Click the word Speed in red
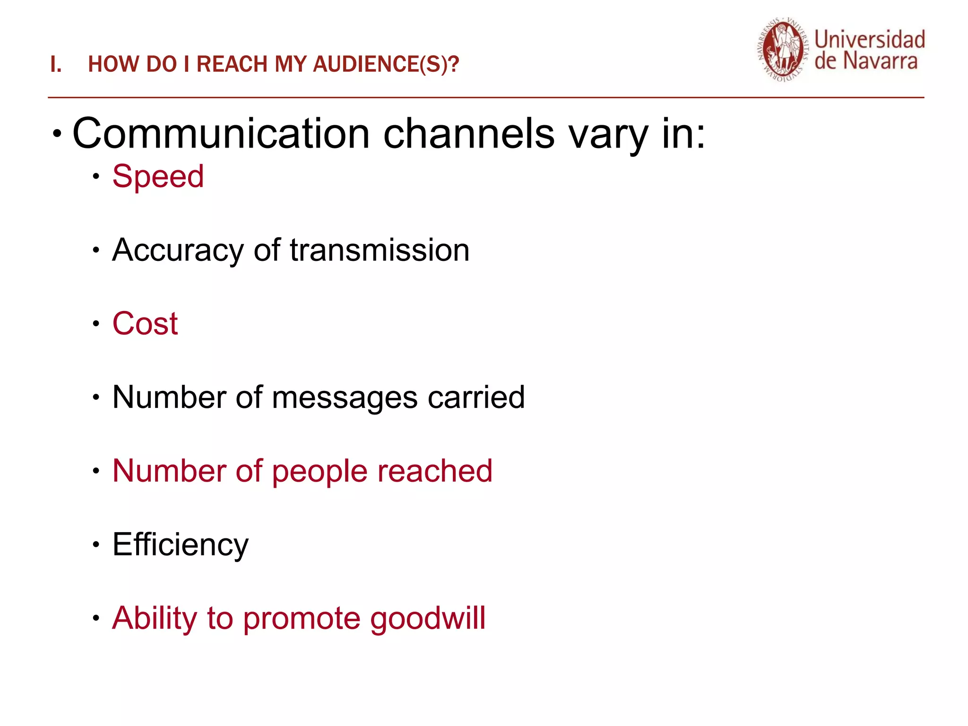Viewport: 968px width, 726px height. [158, 177]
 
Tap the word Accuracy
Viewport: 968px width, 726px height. [178, 251]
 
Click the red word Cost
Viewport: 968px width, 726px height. [145, 324]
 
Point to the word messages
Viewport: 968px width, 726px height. [345, 398]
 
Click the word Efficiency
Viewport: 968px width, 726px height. [180, 544]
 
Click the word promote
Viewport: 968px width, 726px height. [302, 618]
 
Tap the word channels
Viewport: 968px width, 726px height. [468, 134]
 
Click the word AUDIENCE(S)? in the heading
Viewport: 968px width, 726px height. [386, 64]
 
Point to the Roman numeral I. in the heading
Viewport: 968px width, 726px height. [56, 64]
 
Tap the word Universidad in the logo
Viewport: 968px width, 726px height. [869, 40]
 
